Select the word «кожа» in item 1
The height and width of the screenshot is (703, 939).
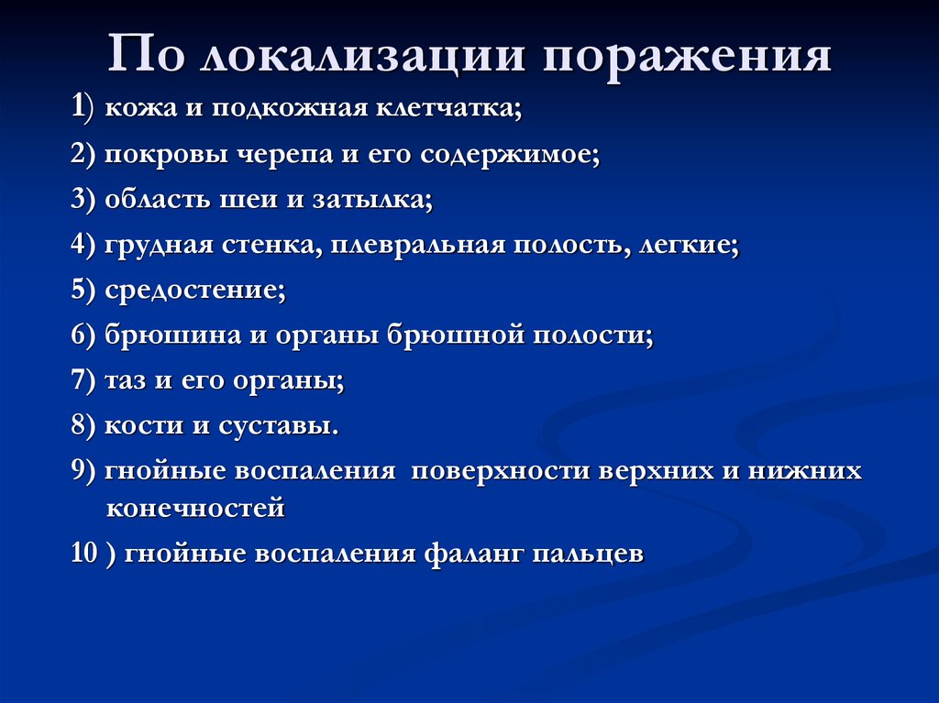click(138, 111)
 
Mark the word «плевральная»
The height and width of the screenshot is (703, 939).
click(412, 247)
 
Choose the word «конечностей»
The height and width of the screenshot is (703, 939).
click(195, 508)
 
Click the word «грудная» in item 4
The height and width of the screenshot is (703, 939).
click(160, 247)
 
